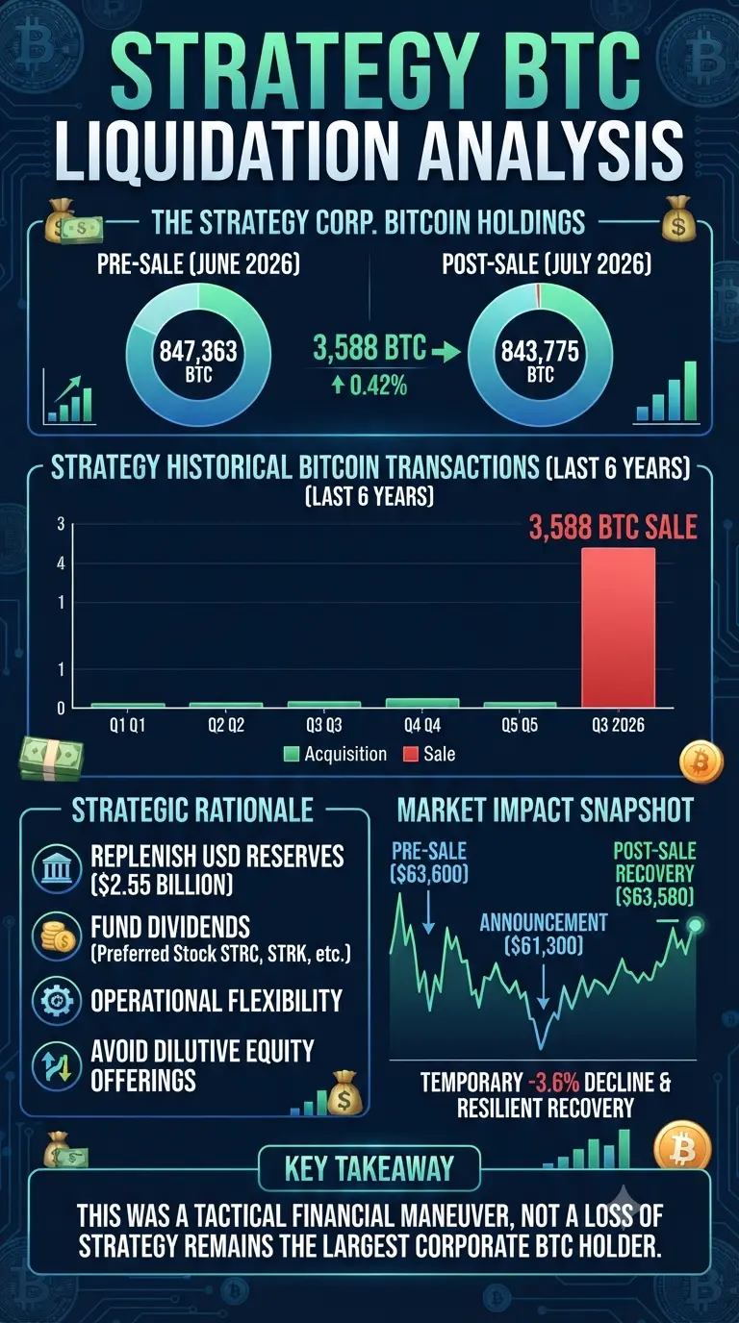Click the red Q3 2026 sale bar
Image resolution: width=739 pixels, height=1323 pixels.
[x=619, y=628]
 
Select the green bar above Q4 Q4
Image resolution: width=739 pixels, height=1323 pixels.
[x=422, y=703]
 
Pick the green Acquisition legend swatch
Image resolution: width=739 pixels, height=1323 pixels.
[x=292, y=754]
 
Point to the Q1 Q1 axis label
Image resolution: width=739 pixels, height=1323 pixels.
[x=127, y=725]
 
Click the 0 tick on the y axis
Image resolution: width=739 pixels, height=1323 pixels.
[x=61, y=709]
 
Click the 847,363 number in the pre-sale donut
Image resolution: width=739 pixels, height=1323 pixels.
[x=198, y=352]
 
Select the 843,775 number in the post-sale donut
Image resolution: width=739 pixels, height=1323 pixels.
[x=541, y=352]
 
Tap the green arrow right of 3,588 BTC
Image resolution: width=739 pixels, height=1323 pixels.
[x=446, y=354]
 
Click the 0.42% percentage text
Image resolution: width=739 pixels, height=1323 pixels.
[x=378, y=386]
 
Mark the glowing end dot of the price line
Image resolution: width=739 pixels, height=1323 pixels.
[x=696, y=925]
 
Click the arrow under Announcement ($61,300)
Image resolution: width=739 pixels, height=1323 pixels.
[x=543, y=986]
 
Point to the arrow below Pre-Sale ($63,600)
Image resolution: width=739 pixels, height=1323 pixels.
[x=428, y=911]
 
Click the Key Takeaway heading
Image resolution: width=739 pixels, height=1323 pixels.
[x=369, y=1167]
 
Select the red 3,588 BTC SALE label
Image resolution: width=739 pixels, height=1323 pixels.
[x=613, y=528]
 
